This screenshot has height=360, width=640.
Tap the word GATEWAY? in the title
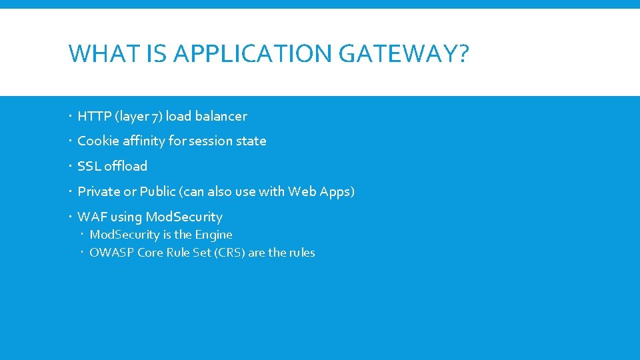[x=404, y=53]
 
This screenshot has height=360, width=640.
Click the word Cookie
[x=97, y=141]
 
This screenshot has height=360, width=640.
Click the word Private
[x=98, y=192]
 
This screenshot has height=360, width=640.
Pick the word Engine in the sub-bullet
[x=213, y=235]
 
